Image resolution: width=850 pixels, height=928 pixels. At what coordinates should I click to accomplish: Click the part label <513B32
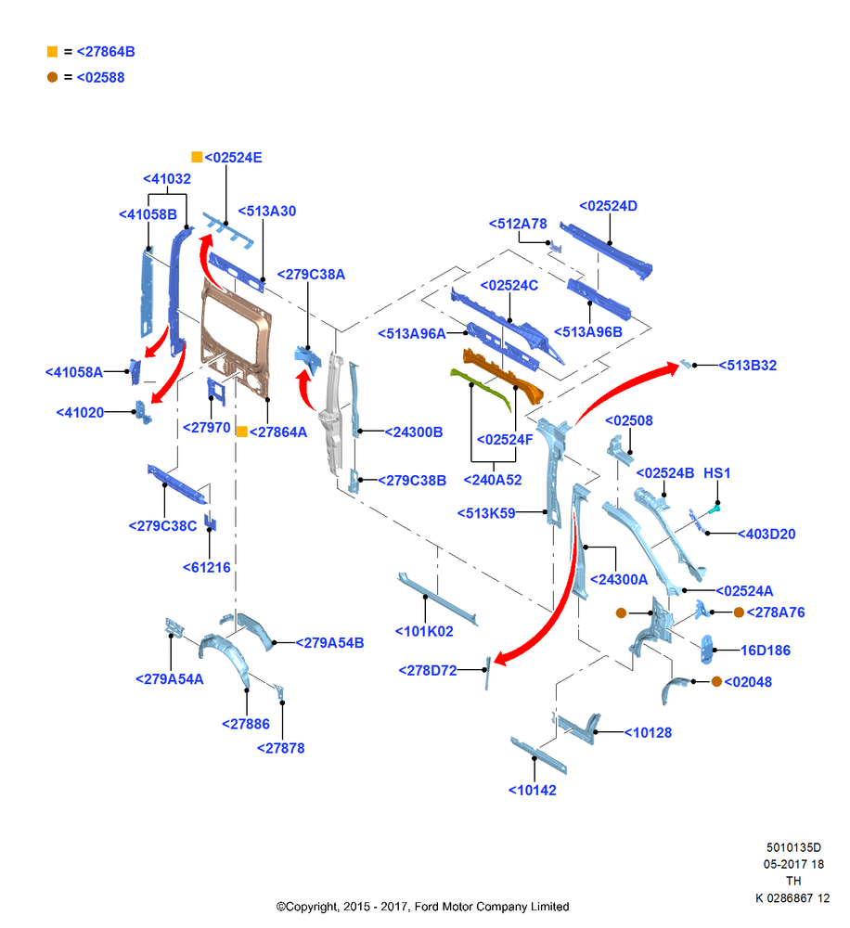pos(747,366)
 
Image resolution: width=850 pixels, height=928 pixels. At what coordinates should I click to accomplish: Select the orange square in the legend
pos(53,52)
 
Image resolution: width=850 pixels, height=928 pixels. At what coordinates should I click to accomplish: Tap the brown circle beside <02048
pos(716,682)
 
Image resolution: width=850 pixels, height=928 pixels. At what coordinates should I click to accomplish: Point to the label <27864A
pos(278,432)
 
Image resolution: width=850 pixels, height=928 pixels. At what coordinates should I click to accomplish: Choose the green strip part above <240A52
pos(481,388)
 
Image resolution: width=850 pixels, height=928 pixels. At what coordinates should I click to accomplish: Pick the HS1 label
pos(716,473)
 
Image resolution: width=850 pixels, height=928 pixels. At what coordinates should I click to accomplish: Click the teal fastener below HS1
pos(715,509)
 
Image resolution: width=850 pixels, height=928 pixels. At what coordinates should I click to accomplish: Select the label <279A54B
pos(329,643)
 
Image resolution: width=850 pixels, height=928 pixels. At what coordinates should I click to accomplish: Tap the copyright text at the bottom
pos(422,907)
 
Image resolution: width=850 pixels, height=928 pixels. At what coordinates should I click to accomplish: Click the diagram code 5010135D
pos(793,847)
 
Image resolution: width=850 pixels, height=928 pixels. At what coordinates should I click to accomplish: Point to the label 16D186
pos(766,651)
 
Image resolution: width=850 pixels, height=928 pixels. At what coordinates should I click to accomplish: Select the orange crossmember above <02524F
pos(502,375)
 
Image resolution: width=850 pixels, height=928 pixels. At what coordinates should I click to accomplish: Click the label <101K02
pos(424,631)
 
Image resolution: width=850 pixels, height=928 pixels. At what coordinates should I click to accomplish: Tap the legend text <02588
pos(100,78)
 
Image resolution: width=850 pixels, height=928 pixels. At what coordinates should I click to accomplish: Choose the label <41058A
pos(74,372)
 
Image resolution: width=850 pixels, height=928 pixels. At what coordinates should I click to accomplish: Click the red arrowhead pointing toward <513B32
pos(673,368)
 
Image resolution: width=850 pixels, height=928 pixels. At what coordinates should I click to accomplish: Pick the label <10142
pos(532,791)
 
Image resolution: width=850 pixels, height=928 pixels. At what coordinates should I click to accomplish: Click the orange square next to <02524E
pos(197,157)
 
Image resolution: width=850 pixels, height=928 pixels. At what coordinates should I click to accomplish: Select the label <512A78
pos(518,224)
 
